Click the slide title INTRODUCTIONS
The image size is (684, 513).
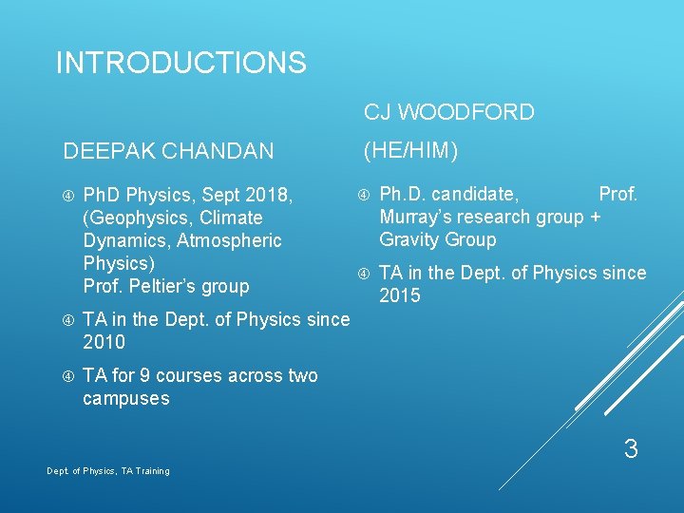180,64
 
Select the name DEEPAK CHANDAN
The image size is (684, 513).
168,151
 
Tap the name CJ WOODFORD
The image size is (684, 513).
448,113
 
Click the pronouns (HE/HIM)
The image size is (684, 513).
411,150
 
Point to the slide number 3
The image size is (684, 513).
630,449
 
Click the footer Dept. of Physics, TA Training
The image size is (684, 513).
108,471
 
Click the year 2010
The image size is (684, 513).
104,342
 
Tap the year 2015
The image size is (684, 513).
400,296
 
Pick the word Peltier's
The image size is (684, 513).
163,286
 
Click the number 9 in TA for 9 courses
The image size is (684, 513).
143,375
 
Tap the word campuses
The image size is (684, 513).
125,399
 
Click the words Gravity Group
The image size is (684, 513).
437,240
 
